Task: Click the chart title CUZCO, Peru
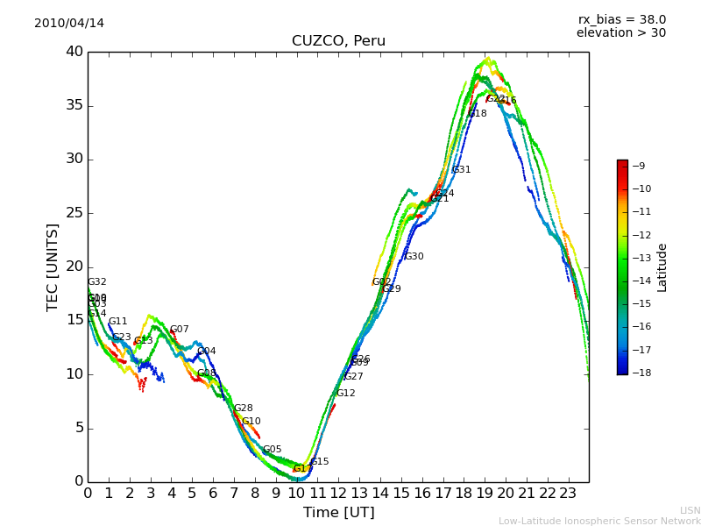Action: coord(338,41)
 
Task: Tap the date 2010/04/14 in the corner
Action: coord(69,24)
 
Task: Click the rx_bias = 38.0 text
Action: coord(621,19)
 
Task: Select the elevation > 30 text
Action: coord(620,33)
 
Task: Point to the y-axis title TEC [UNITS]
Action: coord(53,267)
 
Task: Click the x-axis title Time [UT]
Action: coord(338,513)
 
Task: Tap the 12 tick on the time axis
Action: coord(338,493)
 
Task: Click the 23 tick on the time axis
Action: coord(568,493)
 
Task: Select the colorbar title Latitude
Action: coord(662,267)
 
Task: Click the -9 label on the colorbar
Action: coord(640,166)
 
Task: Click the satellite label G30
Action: coord(414,257)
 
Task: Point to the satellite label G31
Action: coord(461,170)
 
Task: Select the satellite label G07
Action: coord(179,330)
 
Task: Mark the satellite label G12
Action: coord(346,394)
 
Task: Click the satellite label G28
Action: coord(243,409)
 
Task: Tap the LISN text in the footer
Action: coord(690,510)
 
